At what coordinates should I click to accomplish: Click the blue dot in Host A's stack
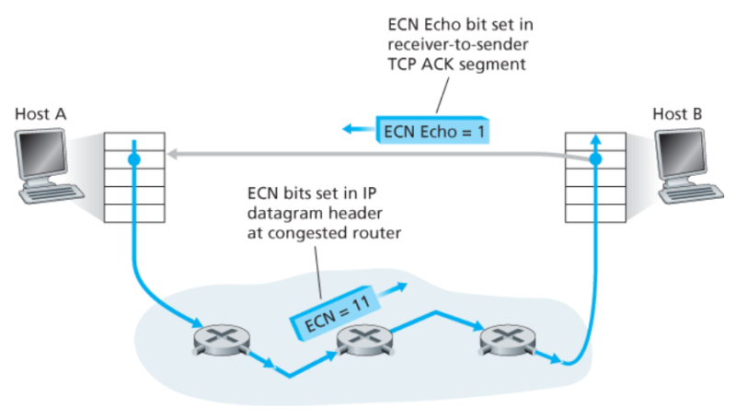(x=134, y=160)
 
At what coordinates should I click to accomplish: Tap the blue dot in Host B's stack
(x=595, y=160)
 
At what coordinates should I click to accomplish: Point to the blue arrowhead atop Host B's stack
(x=595, y=138)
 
